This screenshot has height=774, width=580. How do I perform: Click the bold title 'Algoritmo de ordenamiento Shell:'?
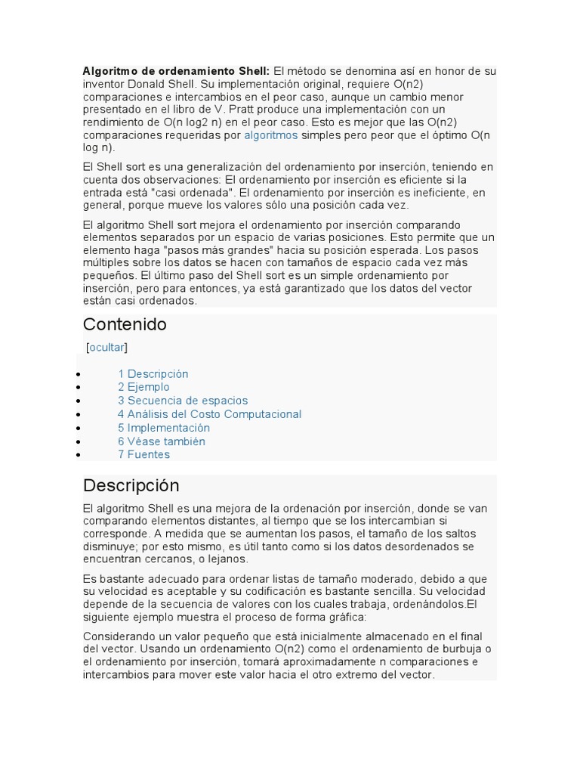click(176, 70)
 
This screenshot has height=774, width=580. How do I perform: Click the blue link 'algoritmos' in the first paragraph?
click(270, 135)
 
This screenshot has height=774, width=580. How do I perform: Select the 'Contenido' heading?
click(125, 324)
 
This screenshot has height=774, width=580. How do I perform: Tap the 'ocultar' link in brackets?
click(106, 347)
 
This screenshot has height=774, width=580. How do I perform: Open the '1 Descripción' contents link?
click(153, 373)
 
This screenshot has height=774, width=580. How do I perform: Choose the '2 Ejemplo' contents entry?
click(143, 387)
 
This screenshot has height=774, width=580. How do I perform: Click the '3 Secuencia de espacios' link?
click(182, 401)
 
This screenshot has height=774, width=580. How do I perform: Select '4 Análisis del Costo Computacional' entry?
click(209, 414)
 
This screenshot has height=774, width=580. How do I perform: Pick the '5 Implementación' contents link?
click(163, 428)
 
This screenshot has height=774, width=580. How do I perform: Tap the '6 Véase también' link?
click(161, 441)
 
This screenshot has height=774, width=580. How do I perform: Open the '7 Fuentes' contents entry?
click(143, 454)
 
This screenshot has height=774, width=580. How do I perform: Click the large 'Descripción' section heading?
click(131, 485)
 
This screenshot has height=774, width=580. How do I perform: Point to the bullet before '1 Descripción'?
click(79, 374)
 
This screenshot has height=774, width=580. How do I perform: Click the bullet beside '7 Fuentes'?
click(79, 455)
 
